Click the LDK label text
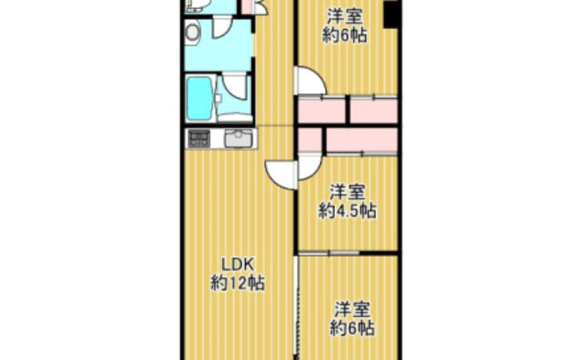pos(238,265)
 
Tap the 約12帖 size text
pos(238,284)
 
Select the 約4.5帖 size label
pos(348,211)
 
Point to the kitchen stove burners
pos(199,139)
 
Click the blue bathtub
pos(200,98)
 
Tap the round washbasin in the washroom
pos(193,32)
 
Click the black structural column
pos(392,13)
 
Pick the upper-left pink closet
pos(322,110)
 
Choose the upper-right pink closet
pos(374,110)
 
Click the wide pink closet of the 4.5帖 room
pos(362,140)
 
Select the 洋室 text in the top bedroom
pos(345,17)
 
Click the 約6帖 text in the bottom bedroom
pos(353,328)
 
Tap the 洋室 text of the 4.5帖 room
pos(348,192)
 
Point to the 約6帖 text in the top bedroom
pos(345,36)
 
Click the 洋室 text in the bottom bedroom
pos(353,309)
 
